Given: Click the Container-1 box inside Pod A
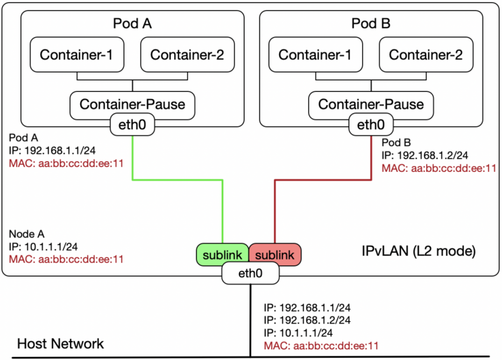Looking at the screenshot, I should (76, 55).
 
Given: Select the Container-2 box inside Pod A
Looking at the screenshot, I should (187, 55).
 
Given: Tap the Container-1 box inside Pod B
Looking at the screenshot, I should (315, 55).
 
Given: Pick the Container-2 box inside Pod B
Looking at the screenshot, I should (425, 55).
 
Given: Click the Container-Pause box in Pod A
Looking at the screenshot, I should (132, 104).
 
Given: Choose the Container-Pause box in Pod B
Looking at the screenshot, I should (371, 104).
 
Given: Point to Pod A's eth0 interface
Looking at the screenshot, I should (132, 125).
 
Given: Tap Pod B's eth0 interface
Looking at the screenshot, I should (371, 125).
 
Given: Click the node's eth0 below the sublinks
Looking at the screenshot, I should (250, 273).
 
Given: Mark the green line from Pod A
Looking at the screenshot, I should (177, 180).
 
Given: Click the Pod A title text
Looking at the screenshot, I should (132, 23).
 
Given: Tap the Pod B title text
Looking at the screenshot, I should (371, 23).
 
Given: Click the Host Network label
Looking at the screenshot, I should (60, 344).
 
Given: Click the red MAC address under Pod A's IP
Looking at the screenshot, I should (66, 164).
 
